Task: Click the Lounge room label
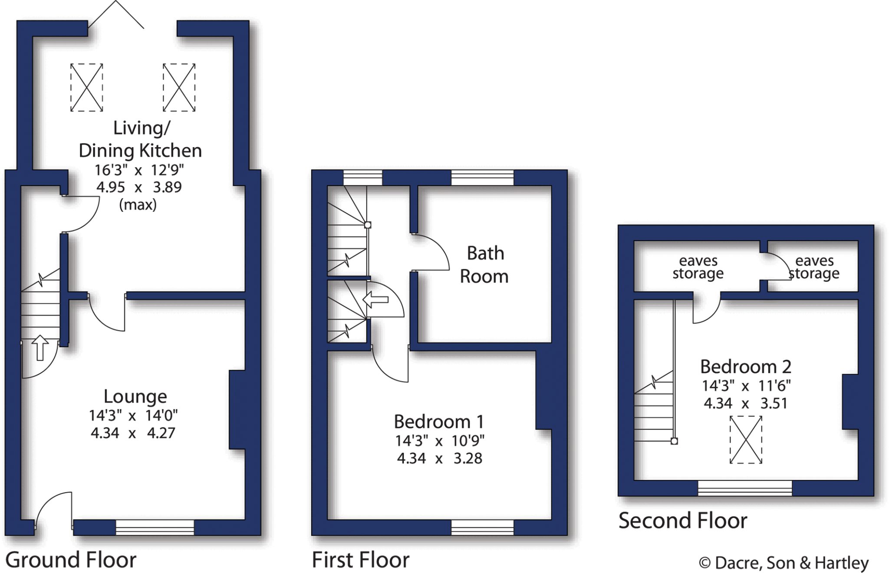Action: coord(135,397)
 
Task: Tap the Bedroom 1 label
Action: coord(438,422)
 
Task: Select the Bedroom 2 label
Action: coord(745,367)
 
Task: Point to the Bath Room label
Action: coord(484,265)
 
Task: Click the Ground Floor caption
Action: coord(71,560)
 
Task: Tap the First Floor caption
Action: coord(360,560)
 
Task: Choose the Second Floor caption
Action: coord(682,520)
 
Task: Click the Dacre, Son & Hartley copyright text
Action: coord(784,563)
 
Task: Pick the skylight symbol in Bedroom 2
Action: coord(746,439)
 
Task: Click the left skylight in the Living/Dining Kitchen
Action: coord(87,87)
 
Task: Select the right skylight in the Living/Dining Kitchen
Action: coord(179,87)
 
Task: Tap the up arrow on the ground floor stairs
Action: coord(40,347)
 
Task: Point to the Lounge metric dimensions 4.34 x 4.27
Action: coord(133,433)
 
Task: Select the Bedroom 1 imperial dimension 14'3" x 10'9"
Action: coord(439,441)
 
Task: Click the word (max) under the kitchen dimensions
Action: coord(138,205)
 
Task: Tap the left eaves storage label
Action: coord(698,267)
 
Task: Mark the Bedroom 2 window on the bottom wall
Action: coord(744,488)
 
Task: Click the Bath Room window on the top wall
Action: coord(482,178)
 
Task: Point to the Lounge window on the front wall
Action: coord(155,527)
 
